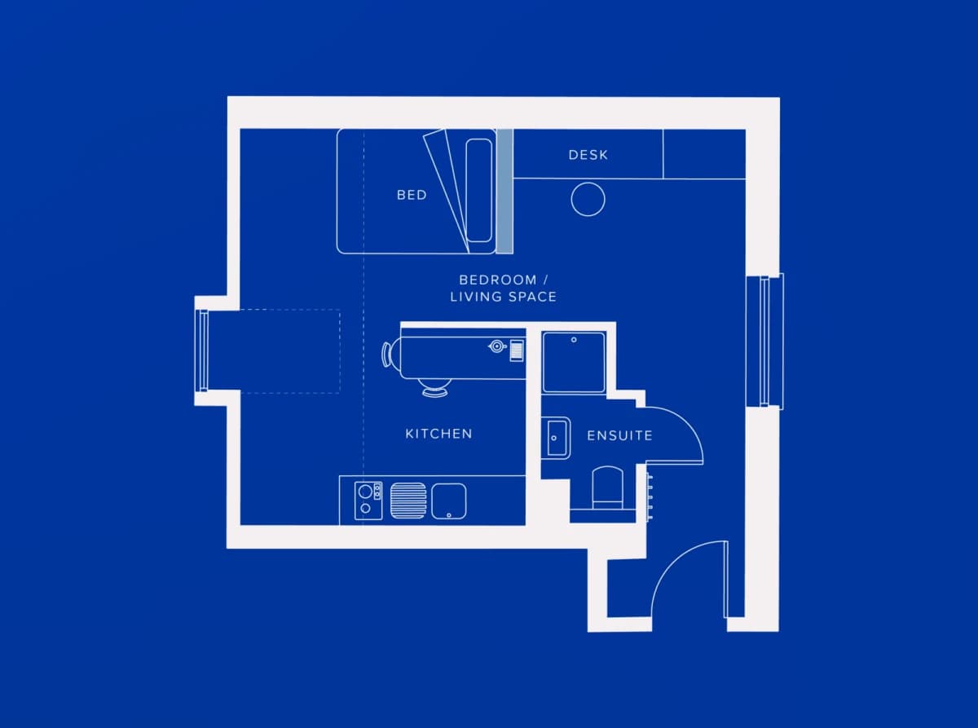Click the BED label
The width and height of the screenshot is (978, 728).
412,195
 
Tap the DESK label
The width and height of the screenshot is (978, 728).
588,155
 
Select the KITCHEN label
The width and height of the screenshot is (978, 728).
438,434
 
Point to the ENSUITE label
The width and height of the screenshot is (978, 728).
619,436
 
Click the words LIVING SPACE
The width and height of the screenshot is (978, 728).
503,297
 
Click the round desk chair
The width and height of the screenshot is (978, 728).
588,200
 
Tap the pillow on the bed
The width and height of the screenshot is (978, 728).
479,191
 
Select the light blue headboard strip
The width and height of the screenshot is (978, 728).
504,192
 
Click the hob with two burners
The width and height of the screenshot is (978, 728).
368,501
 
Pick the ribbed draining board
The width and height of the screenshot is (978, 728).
408,501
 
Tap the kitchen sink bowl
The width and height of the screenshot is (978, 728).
448,501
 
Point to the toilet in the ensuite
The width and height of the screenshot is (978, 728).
608,488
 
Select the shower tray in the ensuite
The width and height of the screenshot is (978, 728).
574,362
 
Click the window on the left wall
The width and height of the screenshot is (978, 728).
203,351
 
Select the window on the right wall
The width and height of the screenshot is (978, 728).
764,341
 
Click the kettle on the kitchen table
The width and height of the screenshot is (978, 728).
497,346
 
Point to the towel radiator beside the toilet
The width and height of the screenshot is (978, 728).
650,496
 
